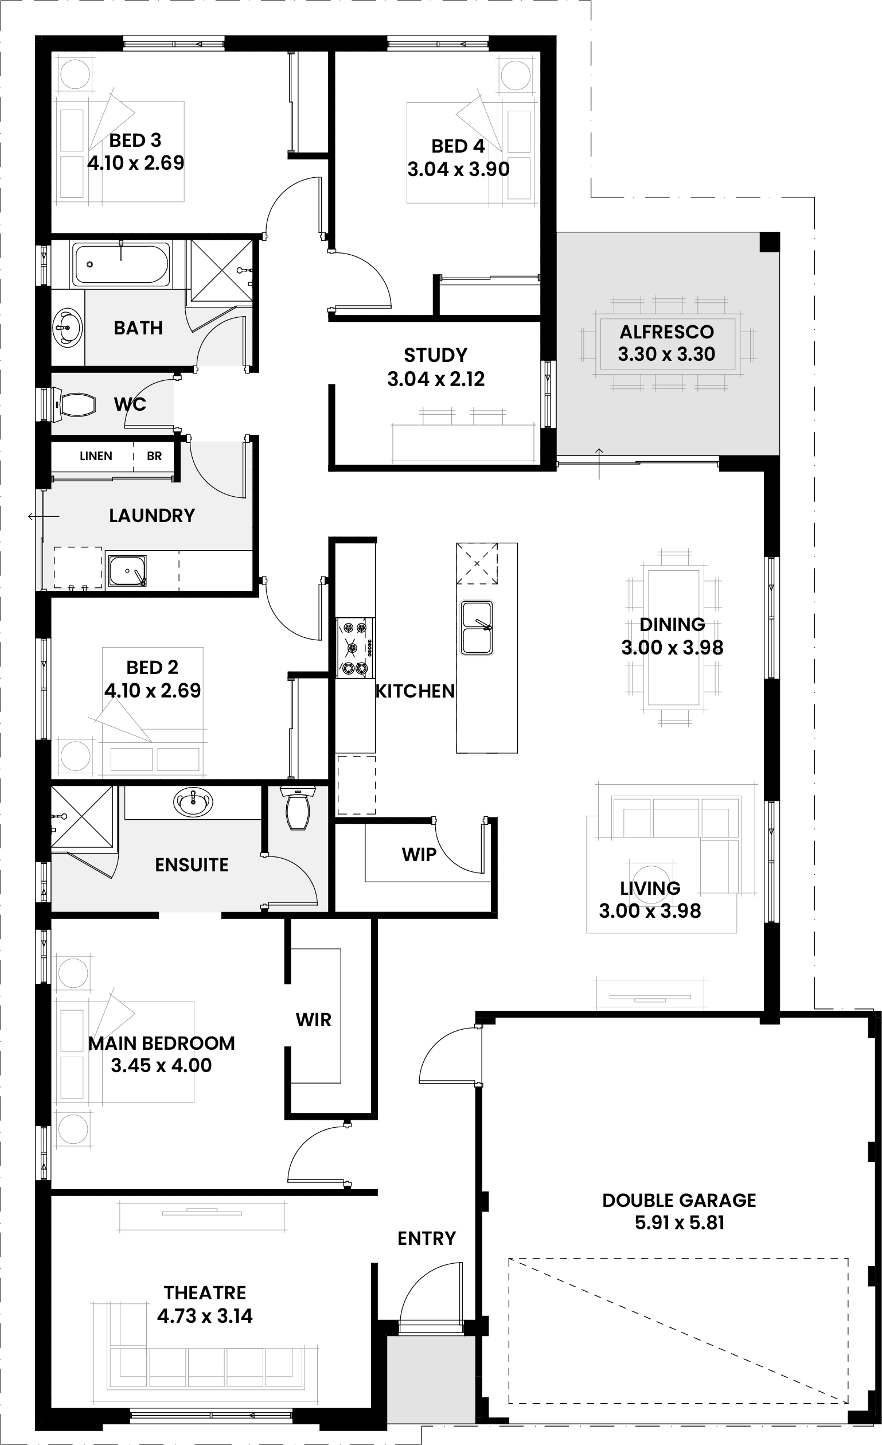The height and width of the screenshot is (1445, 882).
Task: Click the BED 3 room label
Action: pyautogui.click(x=135, y=141)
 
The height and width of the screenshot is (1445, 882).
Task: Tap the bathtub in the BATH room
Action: pyautogui.click(x=120, y=264)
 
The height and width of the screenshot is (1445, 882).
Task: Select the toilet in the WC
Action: pyautogui.click(x=75, y=404)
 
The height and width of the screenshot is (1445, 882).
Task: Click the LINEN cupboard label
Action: pyautogui.click(x=96, y=455)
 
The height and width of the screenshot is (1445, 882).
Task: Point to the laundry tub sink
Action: pyautogui.click(x=127, y=571)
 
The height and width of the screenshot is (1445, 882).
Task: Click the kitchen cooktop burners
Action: pyautogui.click(x=355, y=648)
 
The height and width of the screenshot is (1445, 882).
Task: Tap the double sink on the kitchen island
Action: pyautogui.click(x=477, y=627)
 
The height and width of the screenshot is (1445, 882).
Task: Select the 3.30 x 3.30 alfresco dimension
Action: pyautogui.click(x=666, y=354)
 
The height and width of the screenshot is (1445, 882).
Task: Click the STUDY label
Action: pyautogui.click(x=436, y=356)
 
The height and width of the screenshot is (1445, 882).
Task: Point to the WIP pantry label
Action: pyautogui.click(x=419, y=855)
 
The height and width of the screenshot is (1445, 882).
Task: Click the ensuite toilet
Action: pyautogui.click(x=298, y=808)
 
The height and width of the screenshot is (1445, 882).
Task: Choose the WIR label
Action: pyautogui.click(x=313, y=1020)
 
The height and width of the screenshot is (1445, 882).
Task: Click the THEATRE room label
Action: pyautogui.click(x=205, y=1292)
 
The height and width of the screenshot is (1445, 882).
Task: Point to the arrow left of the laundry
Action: pyautogui.click(x=44, y=516)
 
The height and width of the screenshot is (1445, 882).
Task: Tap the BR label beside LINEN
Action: pyautogui.click(x=154, y=455)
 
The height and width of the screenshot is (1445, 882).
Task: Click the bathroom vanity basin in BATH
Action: pyautogui.click(x=68, y=327)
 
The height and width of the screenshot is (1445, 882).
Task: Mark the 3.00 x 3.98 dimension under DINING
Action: pyautogui.click(x=672, y=648)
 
